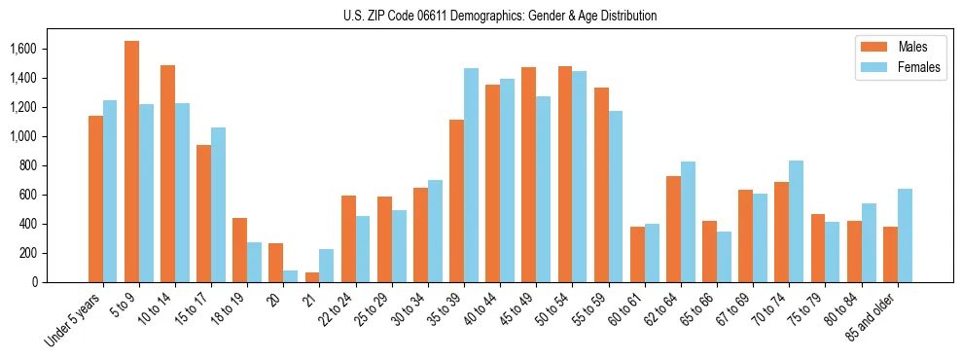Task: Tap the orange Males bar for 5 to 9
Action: [131, 162]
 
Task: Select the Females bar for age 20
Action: [290, 276]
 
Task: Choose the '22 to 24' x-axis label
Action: [339, 307]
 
